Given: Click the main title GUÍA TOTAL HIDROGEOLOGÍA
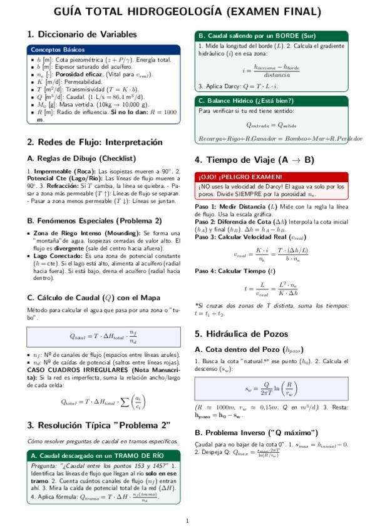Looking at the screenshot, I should coord(187,12).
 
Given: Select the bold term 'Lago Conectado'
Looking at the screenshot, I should coord(54,256).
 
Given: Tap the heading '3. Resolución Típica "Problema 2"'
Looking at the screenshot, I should coord(99,425).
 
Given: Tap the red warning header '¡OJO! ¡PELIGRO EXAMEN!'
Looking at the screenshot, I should coord(232,177).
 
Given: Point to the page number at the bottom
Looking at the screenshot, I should coord(187,520).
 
